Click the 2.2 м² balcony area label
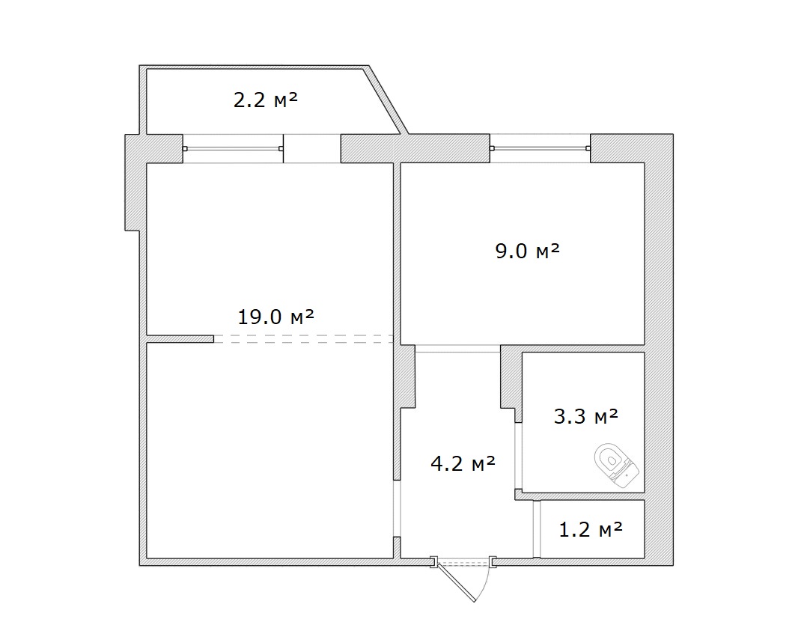tap(266, 100)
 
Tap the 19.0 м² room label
tap(275, 317)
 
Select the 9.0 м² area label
tap(528, 251)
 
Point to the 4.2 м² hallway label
tap(463, 463)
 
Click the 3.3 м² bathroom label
tap(586, 415)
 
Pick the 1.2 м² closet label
tap(591, 529)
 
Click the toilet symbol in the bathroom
tap(616, 465)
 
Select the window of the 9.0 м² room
tap(540, 148)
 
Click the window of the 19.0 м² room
tap(233, 149)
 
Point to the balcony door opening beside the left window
tap(312, 149)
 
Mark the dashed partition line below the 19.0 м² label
tap(304, 339)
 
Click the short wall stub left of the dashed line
tap(180, 339)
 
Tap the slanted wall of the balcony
tap(385, 100)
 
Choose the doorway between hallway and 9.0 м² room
tap(457, 349)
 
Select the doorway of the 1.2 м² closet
tap(537, 528)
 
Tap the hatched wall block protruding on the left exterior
tap(133, 183)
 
